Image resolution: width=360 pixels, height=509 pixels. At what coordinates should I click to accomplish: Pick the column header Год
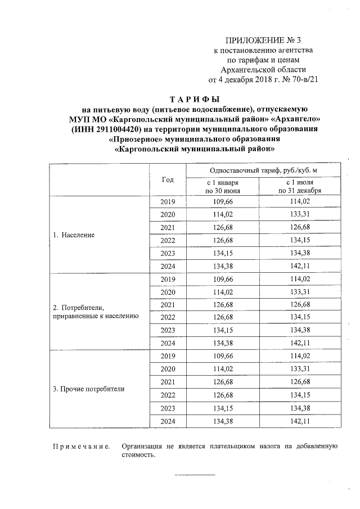(x=168, y=180)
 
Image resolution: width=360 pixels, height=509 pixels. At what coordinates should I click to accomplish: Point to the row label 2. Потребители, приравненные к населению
(x=95, y=312)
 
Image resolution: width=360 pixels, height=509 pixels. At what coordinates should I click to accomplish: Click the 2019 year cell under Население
(x=168, y=202)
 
